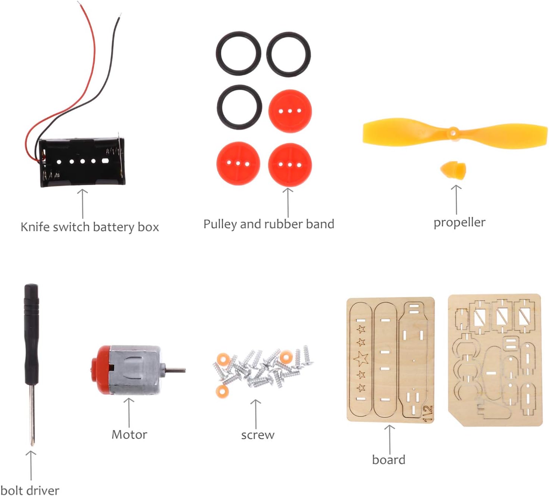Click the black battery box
82,162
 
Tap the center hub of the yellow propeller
453,132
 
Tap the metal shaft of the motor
175,370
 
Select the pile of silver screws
261,368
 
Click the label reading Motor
129,434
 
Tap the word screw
258,435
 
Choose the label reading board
389,460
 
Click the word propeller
459,222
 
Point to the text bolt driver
30,490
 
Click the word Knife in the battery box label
34,227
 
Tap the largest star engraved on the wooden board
361,358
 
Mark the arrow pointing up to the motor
129,412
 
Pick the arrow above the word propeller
456,200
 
